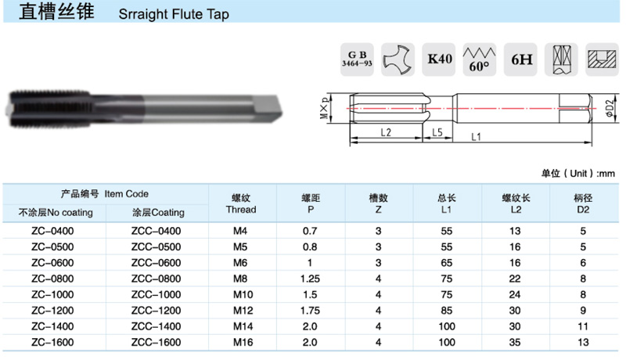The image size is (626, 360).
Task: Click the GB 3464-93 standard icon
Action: [x=357, y=59]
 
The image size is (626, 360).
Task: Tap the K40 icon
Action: [x=439, y=59]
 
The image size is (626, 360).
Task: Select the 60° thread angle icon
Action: [x=480, y=59]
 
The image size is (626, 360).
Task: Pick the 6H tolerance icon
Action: [x=520, y=59]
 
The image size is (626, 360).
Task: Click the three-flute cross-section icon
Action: [x=398, y=59]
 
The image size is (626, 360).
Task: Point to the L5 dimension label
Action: [x=437, y=132]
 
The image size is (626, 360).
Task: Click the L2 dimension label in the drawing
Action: [x=386, y=132]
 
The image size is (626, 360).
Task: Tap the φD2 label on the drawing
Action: [x=610, y=108]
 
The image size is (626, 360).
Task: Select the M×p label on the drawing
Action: [x=325, y=108]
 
